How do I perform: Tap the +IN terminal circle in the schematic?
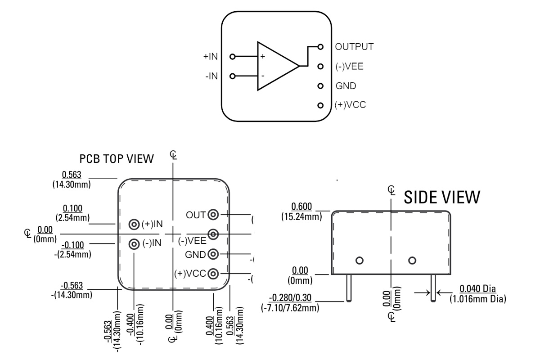[x=232, y=57]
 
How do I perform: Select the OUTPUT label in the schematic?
[x=354, y=46]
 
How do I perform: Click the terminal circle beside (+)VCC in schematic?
[x=320, y=106]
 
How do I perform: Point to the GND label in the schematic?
[x=346, y=86]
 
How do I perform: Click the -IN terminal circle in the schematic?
[x=232, y=76]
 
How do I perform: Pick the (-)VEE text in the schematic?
[x=349, y=66]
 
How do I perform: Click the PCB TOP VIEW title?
[x=117, y=159]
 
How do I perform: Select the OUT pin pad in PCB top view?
[x=213, y=215]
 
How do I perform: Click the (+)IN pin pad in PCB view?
[x=134, y=224]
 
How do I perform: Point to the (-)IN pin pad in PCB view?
[x=134, y=244]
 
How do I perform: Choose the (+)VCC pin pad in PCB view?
[x=213, y=273]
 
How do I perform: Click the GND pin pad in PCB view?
[x=213, y=254]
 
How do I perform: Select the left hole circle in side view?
[x=359, y=260]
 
